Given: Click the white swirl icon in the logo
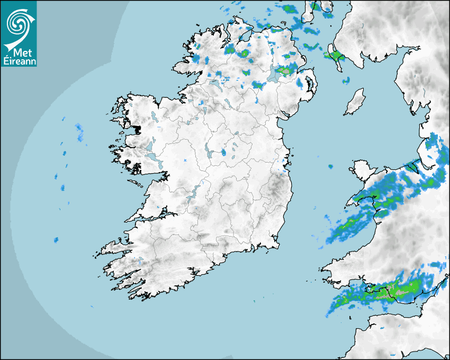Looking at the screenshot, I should (18, 23).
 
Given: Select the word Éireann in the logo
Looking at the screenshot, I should (19, 61).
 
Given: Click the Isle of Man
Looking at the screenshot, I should (355, 102).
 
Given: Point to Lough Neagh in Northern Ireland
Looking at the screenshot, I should (276, 75).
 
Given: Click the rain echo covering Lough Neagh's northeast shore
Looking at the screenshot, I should (285, 69).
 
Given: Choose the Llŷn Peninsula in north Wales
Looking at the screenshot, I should (360, 199).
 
